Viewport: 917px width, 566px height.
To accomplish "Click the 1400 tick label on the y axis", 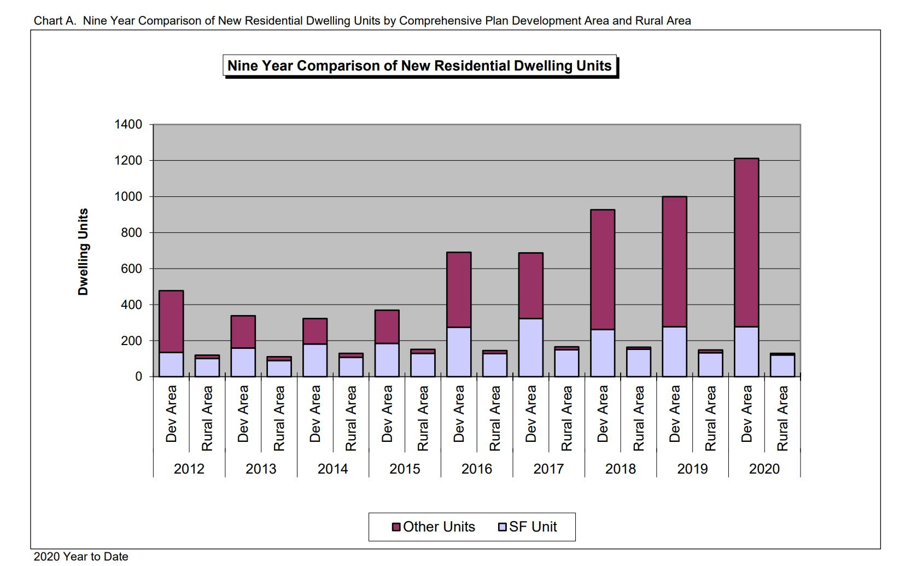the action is [x=128, y=125].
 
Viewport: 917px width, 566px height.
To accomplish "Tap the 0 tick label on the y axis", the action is [x=138, y=377].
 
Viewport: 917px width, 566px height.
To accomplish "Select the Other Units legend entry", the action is [x=433, y=527].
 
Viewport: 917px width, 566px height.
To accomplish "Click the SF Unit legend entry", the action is [x=527, y=527].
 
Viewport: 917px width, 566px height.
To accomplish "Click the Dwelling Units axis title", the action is [x=83, y=252].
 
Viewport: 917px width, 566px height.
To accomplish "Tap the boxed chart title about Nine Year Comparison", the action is [x=420, y=66].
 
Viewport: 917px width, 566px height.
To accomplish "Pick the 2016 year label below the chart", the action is [x=476, y=469].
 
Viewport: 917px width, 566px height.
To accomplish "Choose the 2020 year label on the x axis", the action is [x=764, y=469].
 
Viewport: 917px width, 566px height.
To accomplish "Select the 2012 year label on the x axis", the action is [x=189, y=469].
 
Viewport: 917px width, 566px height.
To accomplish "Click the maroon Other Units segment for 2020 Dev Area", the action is [x=746, y=242].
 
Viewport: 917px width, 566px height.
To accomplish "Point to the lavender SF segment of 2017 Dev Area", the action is [x=530, y=348].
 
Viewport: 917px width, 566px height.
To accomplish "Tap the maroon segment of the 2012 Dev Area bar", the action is [x=171, y=322].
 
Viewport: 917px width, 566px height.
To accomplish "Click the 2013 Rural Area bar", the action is [x=279, y=366].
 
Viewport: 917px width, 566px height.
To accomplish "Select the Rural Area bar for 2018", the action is [x=639, y=362].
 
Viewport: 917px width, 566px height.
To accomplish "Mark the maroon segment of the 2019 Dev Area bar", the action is [x=674, y=262].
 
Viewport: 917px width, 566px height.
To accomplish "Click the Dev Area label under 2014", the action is [x=315, y=413].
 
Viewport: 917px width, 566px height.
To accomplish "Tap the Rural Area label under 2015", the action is [x=423, y=418].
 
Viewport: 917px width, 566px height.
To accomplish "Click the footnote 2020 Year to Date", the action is [x=80, y=557].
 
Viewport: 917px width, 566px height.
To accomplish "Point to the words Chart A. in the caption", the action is [x=55, y=21].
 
